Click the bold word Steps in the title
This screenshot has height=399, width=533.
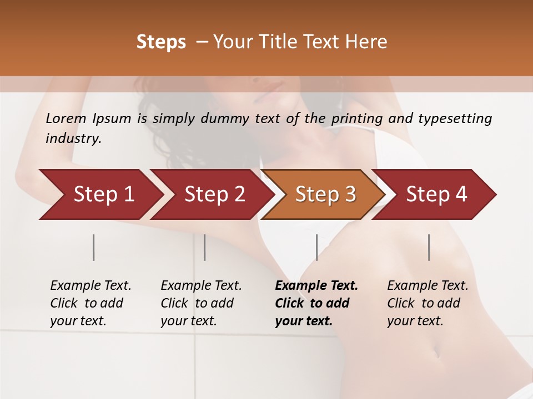tap(161, 42)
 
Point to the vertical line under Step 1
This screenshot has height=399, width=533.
tap(94, 247)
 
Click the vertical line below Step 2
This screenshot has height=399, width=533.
tap(205, 247)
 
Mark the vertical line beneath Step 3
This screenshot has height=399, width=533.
tap(316, 247)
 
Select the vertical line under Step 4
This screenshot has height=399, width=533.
tap(429, 247)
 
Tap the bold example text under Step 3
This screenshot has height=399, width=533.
tap(316, 303)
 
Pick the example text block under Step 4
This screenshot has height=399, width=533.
tap(428, 303)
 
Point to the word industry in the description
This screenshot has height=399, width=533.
tap(73, 139)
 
